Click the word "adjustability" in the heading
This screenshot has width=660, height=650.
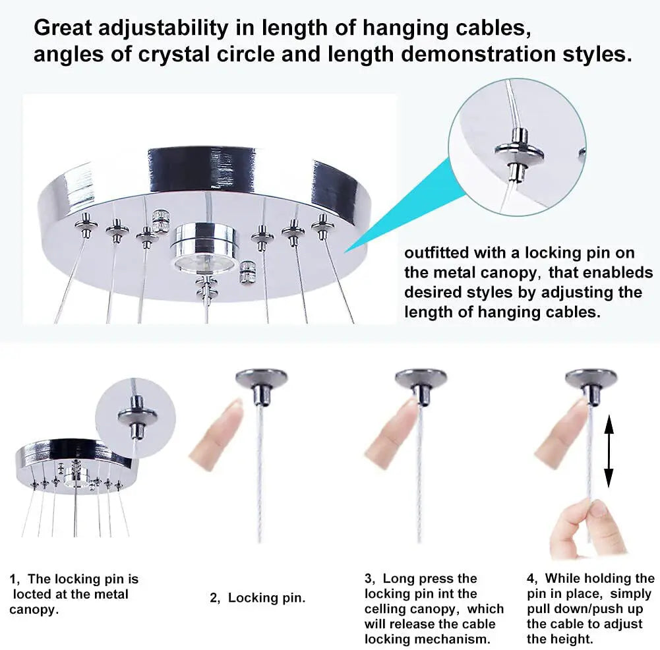click(163, 28)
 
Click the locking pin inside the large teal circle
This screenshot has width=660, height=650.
click(519, 152)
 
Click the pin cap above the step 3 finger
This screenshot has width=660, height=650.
click(421, 384)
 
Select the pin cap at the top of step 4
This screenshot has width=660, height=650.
click(591, 384)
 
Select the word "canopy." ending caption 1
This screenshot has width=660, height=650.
click(34, 610)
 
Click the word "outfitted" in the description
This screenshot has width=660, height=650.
click(436, 253)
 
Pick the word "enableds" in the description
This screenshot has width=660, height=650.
click(620, 273)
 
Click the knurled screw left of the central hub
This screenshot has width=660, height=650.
click(160, 220)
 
